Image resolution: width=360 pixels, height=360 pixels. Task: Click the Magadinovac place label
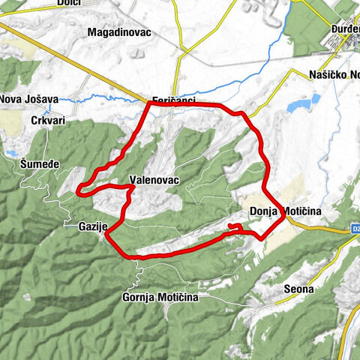coord(119,33)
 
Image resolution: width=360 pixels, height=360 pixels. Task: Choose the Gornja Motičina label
coord(160,298)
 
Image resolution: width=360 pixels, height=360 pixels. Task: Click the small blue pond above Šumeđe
coord(10,153)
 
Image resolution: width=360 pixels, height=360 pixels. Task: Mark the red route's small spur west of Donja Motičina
coord(235,226)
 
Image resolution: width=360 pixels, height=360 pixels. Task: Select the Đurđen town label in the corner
coord(345,32)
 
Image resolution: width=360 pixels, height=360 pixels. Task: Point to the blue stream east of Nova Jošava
coord(105,98)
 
